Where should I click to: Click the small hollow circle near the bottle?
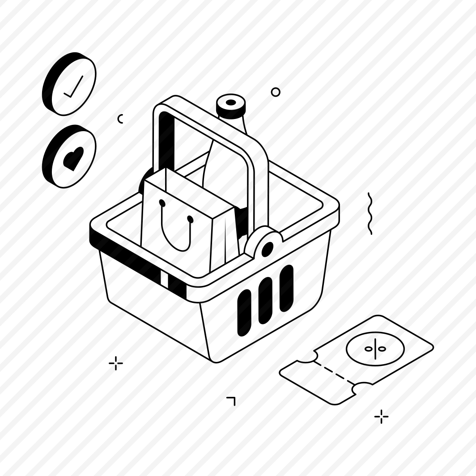pos(276,92)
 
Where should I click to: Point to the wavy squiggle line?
pos(370,213)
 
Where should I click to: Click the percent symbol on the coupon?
pos(375,348)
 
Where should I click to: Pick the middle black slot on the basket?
pos(265,300)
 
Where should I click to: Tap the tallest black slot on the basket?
pos(286,289)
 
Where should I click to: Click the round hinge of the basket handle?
pos(267,247)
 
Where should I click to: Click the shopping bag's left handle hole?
pos(162,203)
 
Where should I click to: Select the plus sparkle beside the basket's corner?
pos(116,363)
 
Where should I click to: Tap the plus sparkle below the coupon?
pos(381,416)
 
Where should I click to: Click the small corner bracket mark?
pos(231,400)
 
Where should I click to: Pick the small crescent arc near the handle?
pos(120,119)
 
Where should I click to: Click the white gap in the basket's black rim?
pos(164,280)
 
